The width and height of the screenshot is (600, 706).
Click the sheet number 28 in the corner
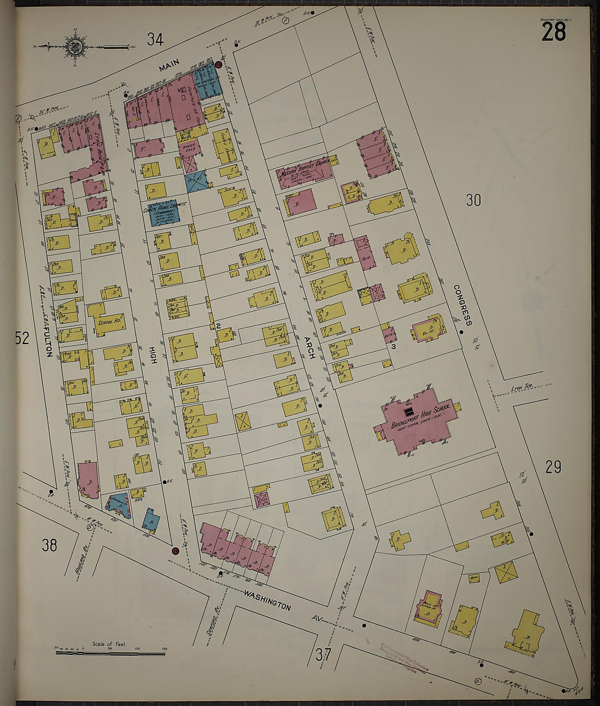coord(554,32)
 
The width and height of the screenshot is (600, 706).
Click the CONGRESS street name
coord(463,305)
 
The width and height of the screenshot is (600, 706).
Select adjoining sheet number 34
coord(155,39)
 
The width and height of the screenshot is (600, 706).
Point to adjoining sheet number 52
coord(22,338)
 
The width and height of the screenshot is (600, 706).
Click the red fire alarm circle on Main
coord(218,65)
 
